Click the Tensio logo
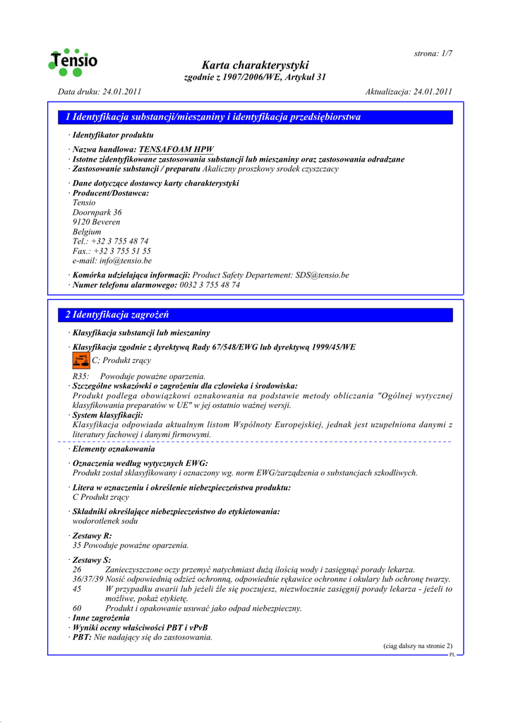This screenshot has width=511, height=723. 73,61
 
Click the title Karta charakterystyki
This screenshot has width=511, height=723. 255,65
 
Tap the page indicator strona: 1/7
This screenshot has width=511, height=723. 433,53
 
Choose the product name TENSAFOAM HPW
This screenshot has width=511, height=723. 176,150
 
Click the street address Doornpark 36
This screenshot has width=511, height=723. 97,212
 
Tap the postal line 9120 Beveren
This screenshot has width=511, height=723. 96,222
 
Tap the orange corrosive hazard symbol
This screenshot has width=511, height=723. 80,361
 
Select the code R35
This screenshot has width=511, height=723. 80,376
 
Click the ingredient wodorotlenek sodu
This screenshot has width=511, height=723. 105,521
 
